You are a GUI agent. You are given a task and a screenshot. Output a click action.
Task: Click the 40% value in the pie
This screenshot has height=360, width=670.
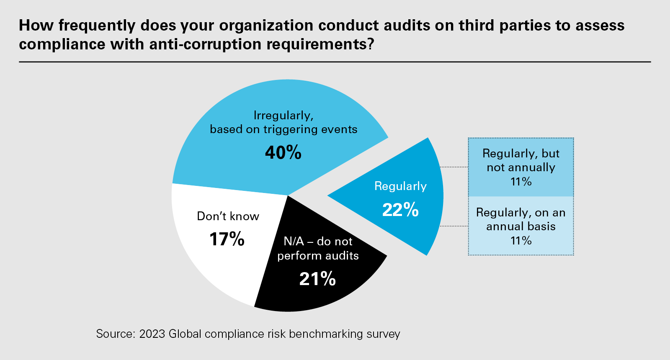pyautogui.click(x=283, y=153)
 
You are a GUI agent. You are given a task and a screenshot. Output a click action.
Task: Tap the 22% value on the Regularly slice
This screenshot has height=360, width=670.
pyautogui.click(x=400, y=210)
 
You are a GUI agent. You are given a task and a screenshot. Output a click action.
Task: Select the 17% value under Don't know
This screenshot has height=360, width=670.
pyautogui.click(x=227, y=239)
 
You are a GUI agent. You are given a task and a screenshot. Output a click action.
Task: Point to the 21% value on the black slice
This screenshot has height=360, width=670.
pyautogui.click(x=317, y=279)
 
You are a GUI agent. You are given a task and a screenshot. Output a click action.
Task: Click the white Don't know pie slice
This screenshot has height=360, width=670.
pyautogui.click(x=209, y=260)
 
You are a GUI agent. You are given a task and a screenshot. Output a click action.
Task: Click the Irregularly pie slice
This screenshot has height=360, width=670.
pyautogui.click(x=251, y=167)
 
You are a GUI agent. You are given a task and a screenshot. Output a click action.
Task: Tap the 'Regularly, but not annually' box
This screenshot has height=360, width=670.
pyautogui.click(x=521, y=167)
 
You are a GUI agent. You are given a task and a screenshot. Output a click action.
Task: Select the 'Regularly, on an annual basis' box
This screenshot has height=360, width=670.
pyautogui.click(x=521, y=226)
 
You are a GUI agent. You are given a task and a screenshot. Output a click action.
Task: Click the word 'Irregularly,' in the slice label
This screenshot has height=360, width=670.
pyautogui.click(x=283, y=116)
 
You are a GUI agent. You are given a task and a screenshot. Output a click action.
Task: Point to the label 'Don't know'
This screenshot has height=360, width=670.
pyautogui.click(x=228, y=216)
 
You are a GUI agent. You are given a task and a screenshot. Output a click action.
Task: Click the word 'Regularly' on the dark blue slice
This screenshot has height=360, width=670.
pyautogui.click(x=400, y=186)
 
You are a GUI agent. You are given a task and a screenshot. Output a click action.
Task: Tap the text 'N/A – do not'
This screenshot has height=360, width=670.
pyautogui.click(x=318, y=242)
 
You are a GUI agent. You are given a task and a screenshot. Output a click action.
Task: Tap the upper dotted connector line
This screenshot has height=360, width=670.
pyautogui.click(x=454, y=167)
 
